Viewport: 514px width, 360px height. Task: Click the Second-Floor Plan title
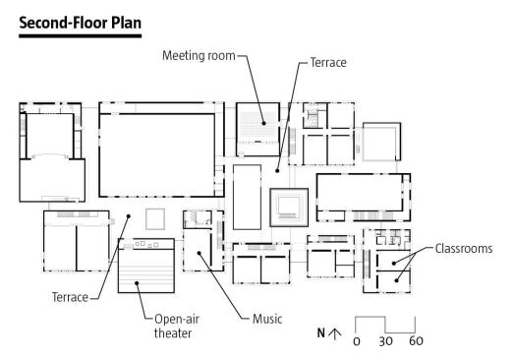point(81,23)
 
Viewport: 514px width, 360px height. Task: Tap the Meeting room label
point(199,56)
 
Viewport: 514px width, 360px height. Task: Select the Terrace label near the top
point(328,62)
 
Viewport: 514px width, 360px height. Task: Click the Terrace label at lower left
point(70,297)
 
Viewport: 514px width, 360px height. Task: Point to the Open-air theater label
point(177,327)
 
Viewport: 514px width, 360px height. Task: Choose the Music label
point(267,319)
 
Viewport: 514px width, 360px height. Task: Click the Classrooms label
point(464,249)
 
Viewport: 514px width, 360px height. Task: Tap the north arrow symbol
point(334,333)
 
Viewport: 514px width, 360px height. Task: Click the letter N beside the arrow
point(321,333)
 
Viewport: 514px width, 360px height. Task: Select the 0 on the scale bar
point(357,341)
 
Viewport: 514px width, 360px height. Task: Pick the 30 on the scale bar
point(385,341)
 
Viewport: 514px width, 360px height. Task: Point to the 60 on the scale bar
point(416,341)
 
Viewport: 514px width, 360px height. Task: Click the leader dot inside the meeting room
point(263,123)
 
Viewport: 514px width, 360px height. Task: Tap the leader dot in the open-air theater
point(137,283)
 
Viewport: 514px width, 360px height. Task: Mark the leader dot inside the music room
point(199,253)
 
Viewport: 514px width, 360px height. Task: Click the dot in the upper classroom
point(394,264)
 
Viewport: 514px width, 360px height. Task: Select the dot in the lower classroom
point(396,280)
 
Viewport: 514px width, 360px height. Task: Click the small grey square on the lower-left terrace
point(155,219)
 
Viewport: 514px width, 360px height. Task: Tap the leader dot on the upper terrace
point(277,170)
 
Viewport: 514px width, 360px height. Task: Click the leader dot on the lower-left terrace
point(129,216)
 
